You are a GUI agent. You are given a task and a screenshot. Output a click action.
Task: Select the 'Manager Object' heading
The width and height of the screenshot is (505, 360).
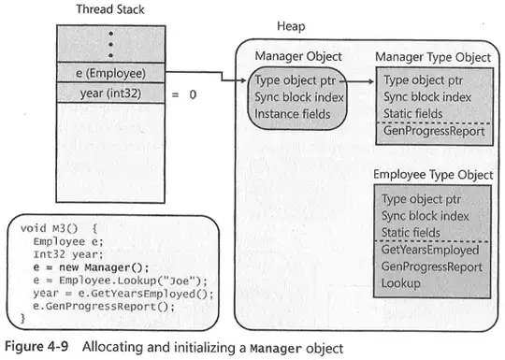298,56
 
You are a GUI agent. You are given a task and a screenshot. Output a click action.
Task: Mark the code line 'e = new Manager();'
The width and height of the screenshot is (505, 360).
90,268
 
